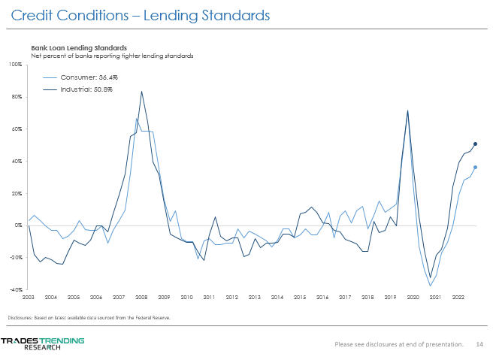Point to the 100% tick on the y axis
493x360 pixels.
[17, 65]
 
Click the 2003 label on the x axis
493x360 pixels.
[29, 298]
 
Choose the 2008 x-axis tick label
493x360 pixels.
[141, 298]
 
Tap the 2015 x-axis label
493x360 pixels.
[299, 298]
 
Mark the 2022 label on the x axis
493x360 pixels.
[457, 298]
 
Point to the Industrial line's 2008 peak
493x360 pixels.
[141, 92]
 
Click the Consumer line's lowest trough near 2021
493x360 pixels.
[431, 286]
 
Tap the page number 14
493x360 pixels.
[479, 344]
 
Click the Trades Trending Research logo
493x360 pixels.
[42, 343]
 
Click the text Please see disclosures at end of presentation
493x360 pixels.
[399, 344]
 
